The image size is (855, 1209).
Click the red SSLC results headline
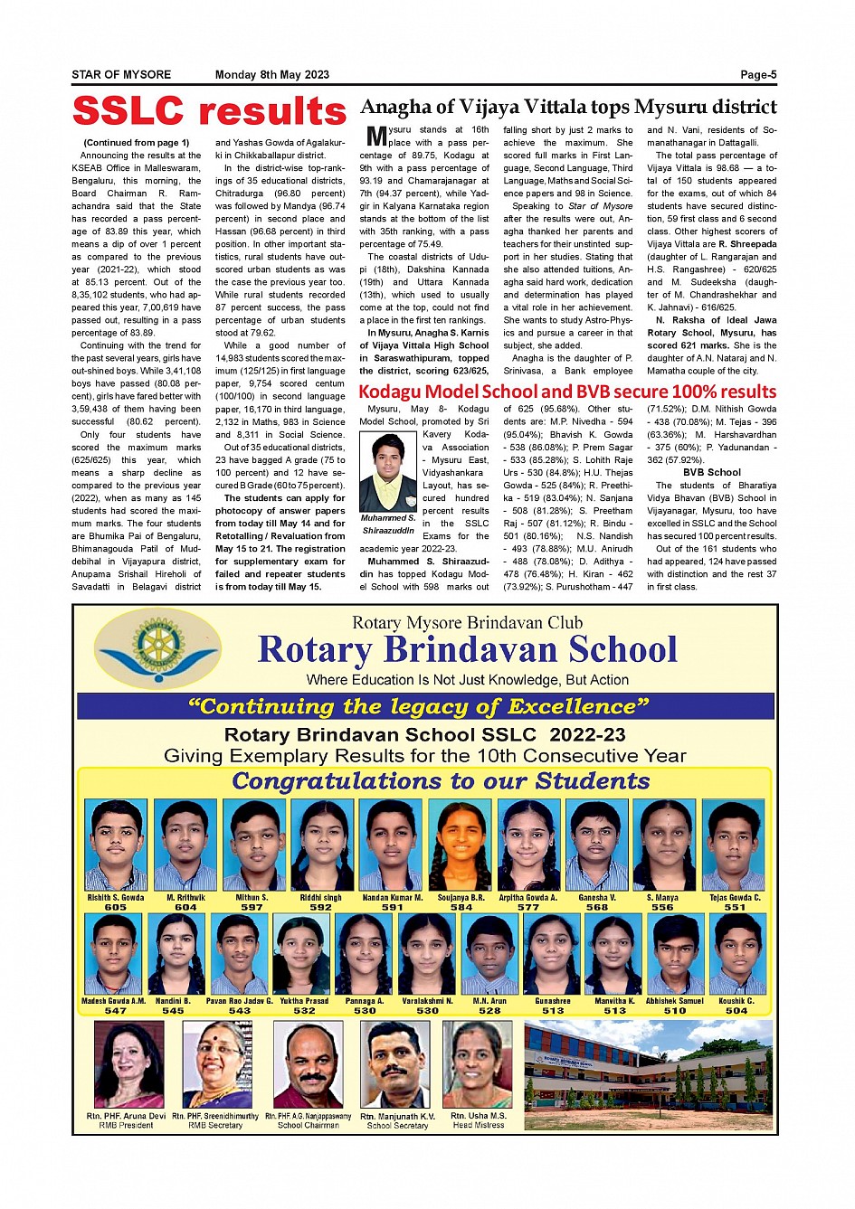(x=209, y=112)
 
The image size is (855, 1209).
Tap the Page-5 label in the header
(x=758, y=75)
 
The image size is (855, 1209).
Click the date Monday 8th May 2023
(x=272, y=75)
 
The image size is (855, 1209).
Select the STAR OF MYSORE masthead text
(x=121, y=75)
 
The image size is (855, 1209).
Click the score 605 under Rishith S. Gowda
(x=115, y=907)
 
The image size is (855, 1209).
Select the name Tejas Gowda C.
(x=735, y=898)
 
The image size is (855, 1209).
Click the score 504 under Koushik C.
(x=736, y=1010)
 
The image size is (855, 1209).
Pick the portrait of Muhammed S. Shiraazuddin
(x=387, y=472)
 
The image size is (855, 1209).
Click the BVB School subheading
(x=711, y=472)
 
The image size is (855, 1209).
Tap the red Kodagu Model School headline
(x=567, y=392)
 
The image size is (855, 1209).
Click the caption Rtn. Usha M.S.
(x=479, y=1116)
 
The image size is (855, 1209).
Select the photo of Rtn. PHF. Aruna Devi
(x=129, y=1064)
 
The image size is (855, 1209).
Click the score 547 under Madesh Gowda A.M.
(x=115, y=1010)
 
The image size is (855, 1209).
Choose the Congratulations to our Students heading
(x=441, y=781)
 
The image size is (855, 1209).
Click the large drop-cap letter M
(x=376, y=137)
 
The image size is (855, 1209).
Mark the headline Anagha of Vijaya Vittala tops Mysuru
(x=568, y=107)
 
